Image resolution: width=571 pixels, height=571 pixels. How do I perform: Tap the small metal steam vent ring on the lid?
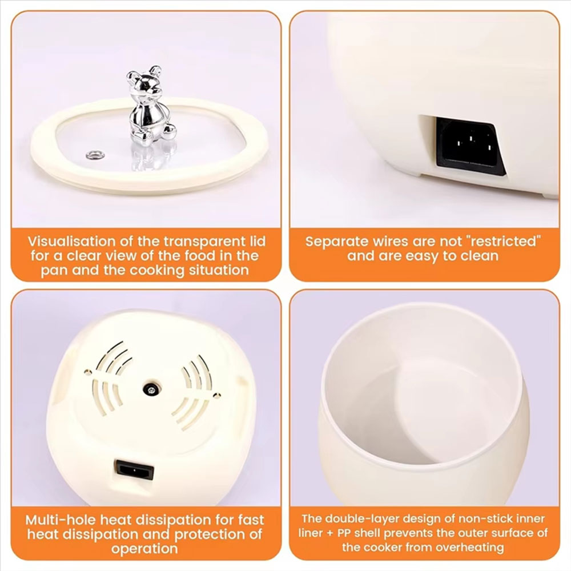(x=95, y=155)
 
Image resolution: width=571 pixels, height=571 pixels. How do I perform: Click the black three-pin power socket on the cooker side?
(x=470, y=146)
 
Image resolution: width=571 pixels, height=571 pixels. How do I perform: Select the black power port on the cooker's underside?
(x=134, y=470)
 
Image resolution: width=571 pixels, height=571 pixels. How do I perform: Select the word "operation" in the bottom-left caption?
(x=144, y=549)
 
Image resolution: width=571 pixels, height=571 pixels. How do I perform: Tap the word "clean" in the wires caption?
(x=480, y=256)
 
